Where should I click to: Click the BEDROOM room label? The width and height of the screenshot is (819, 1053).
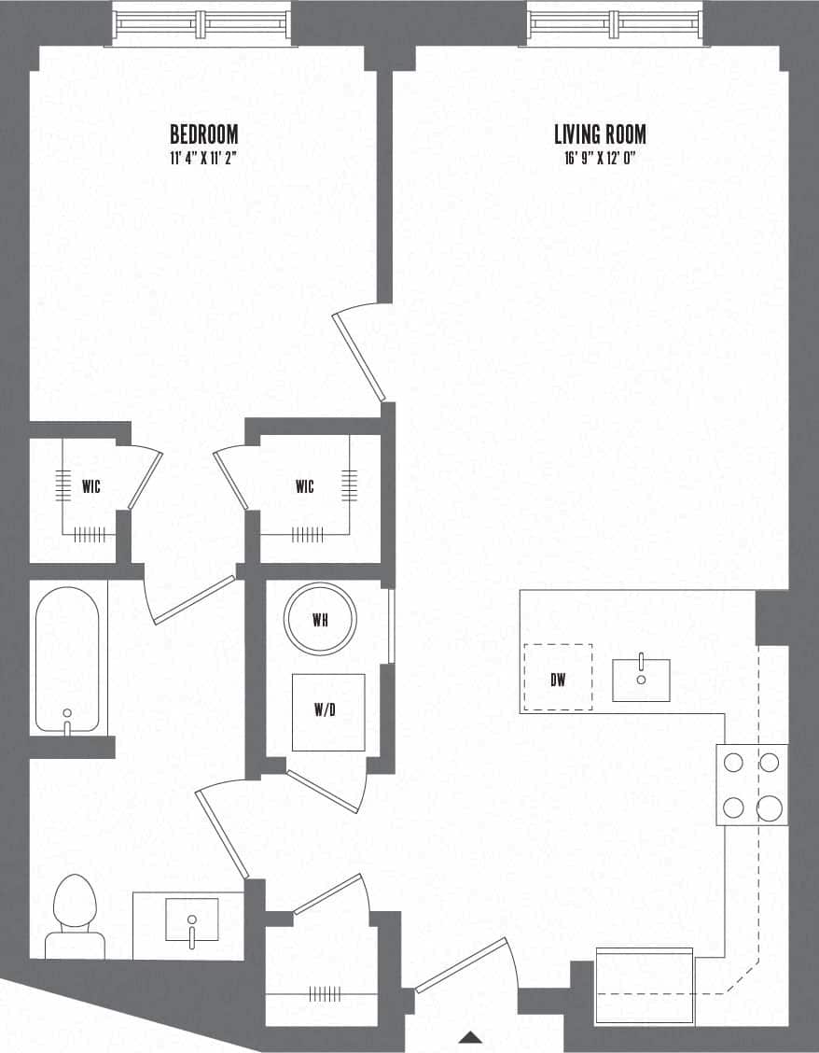coord(203,134)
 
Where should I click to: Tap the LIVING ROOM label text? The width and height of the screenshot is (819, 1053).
coord(599,134)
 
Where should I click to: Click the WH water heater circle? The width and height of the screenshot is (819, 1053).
coord(320,620)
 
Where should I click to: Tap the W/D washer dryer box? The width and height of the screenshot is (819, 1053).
coord(327,712)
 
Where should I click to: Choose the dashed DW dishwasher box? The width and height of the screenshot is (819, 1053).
coord(558,678)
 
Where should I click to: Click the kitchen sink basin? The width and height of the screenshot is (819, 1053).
coord(641,680)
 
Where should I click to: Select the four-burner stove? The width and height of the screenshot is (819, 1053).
coord(752,784)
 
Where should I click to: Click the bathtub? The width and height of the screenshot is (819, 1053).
coord(67,656)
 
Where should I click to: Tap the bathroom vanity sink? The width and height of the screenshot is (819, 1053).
coord(191,920)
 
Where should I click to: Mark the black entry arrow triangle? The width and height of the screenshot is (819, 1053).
coord(471,1036)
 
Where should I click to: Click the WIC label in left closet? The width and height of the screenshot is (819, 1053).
coord(91,486)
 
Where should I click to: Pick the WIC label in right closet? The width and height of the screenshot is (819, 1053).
coord(304,486)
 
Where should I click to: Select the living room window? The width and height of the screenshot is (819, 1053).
coord(615,22)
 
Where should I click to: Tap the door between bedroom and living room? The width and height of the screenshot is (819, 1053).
coord(359,355)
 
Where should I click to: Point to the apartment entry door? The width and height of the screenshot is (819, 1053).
coord(462,966)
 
